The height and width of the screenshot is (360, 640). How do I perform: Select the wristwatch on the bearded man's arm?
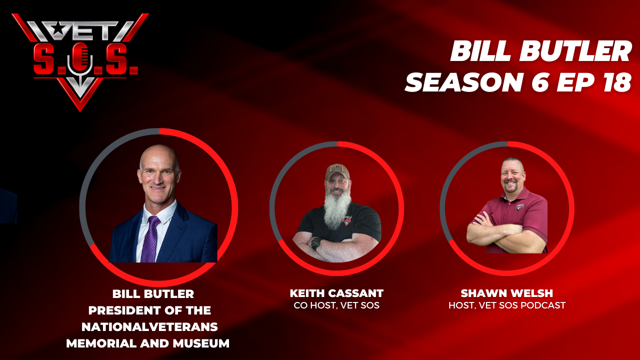coord(316,243)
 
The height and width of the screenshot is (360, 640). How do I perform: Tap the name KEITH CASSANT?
coord(336,293)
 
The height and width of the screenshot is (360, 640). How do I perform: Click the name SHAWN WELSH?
coord(507,293)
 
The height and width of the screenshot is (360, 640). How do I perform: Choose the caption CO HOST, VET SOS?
coord(336,305)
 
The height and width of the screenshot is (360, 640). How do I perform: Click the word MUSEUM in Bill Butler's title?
coord(201,343)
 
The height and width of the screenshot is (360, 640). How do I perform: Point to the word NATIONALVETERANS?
coord(149,327)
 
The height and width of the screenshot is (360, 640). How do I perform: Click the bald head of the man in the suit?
coord(159,155)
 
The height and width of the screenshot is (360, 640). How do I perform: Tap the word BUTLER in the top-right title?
coord(575,51)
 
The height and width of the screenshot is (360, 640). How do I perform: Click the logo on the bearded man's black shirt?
coord(347,220)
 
